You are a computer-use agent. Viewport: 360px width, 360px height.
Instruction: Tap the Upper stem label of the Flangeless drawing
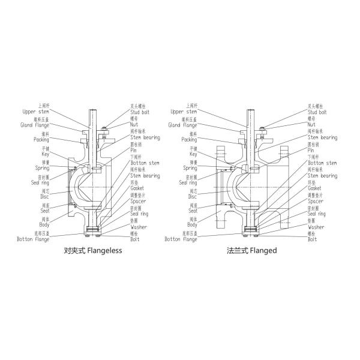tap(36, 112)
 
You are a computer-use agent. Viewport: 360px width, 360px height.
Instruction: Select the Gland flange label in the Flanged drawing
tap(182, 125)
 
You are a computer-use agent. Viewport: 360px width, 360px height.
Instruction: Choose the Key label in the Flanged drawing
tap(192, 154)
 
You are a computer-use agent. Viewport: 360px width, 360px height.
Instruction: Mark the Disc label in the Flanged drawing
tap(192, 196)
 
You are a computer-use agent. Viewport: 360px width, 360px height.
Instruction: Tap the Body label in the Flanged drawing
tap(192, 224)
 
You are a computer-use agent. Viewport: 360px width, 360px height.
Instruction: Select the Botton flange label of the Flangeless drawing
tap(33, 239)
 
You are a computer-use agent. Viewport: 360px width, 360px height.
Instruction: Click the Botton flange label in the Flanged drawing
tap(181, 239)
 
